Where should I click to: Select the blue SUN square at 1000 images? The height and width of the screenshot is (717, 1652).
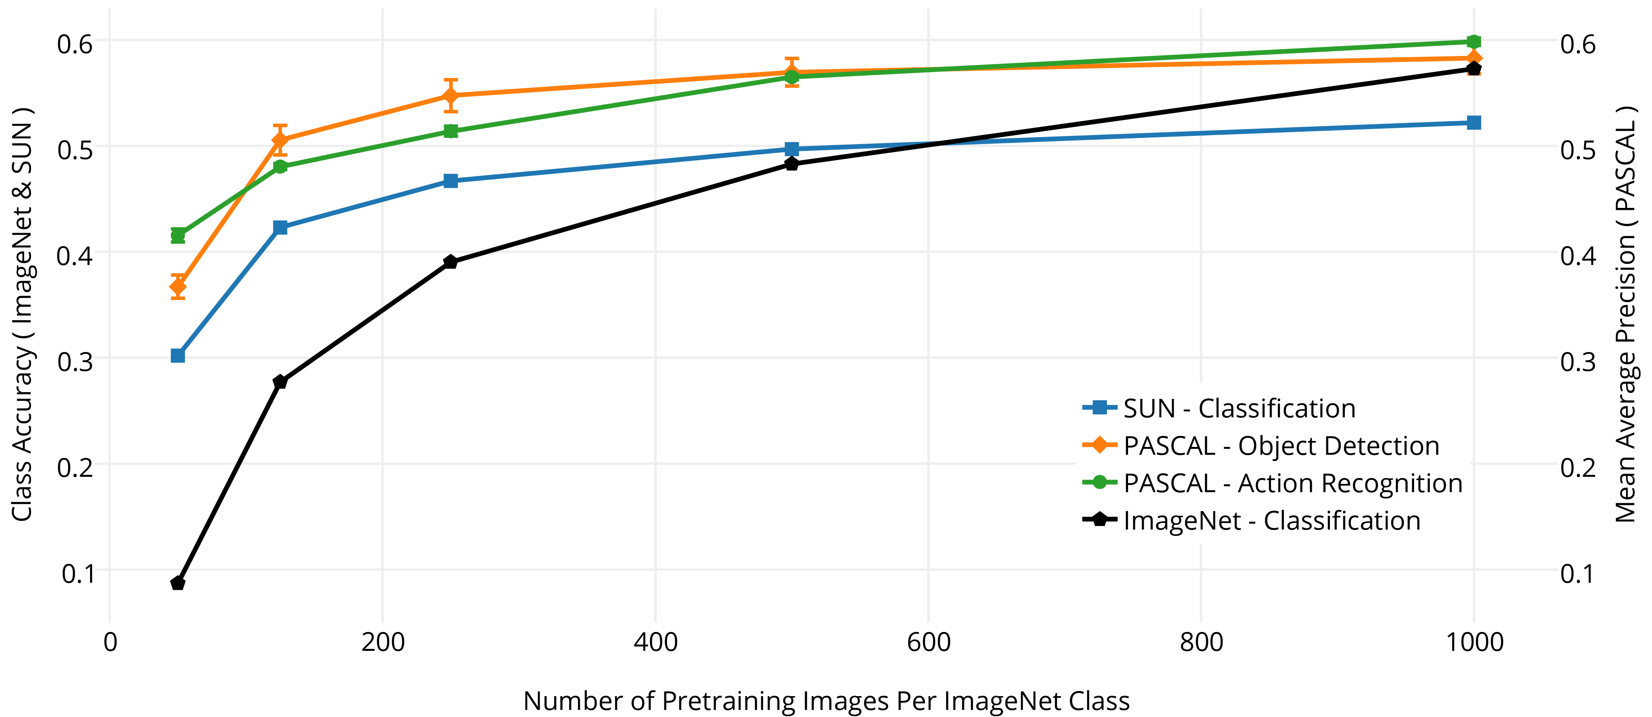(1474, 122)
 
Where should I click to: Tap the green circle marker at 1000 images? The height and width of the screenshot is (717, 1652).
(1474, 42)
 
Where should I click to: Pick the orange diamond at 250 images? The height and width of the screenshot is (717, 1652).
(451, 96)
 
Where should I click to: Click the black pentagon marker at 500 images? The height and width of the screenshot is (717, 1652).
(792, 164)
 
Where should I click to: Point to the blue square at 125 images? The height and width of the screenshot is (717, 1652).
(280, 227)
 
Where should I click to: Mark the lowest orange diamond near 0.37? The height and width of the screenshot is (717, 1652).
(178, 286)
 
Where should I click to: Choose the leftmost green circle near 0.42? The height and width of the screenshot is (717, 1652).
(178, 235)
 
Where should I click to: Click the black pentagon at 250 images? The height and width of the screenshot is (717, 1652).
(451, 262)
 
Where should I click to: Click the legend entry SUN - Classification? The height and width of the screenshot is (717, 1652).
(1239, 408)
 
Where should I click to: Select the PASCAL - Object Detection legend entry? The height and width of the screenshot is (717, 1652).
(1281, 445)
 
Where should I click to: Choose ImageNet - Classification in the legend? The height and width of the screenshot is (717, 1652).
(1271, 521)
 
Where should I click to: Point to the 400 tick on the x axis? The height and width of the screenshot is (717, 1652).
(655, 642)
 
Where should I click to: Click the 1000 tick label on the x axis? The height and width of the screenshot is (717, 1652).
(1474, 642)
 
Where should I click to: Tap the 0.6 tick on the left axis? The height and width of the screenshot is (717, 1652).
(75, 44)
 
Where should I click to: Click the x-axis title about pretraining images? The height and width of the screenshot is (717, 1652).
(826, 701)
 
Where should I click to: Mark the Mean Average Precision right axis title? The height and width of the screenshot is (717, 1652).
(1626, 315)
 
